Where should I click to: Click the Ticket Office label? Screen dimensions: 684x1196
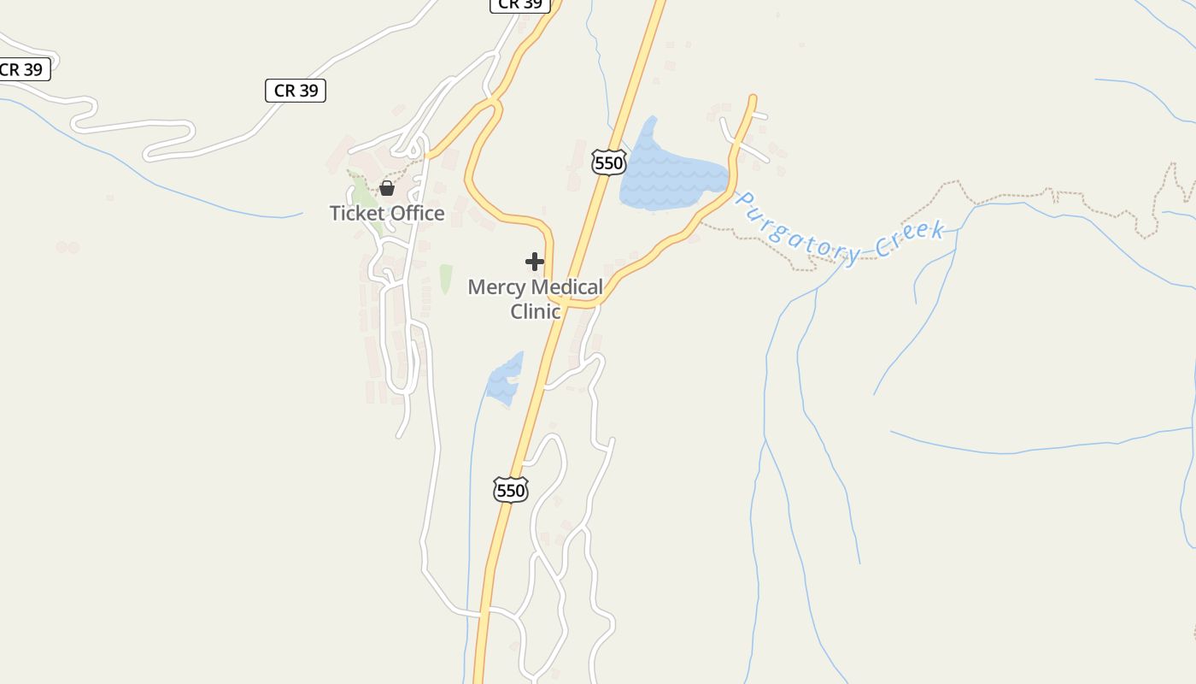[387, 213]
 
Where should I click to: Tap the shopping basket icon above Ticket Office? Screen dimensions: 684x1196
[387, 188]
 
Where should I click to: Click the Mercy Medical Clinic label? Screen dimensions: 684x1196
[536, 298]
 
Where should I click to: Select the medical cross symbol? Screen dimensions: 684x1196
[535, 261]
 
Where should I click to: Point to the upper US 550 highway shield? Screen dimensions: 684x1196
[608, 162]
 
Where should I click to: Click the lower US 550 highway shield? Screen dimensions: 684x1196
[510, 490]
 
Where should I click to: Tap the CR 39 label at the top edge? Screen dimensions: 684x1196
[519, 4]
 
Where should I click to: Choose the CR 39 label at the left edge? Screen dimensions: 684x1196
[21, 69]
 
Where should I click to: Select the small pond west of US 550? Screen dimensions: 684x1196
[504, 379]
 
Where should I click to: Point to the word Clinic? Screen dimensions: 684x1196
[536, 311]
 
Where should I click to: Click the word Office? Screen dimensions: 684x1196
[416, 213]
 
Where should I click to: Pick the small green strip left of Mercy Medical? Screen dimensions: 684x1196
[445, 279]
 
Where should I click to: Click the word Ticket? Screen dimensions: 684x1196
[356, 213]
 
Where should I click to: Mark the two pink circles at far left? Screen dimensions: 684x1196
[67, 247]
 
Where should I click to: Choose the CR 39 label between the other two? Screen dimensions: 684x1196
[296, 90]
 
